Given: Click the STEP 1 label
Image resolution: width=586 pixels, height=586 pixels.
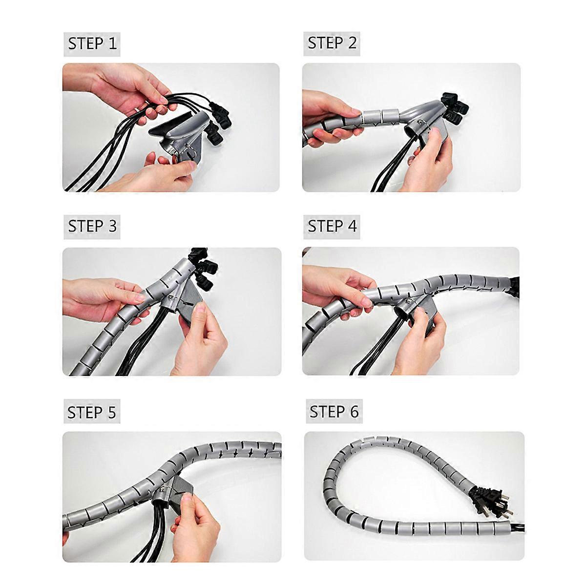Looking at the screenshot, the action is [92, 44].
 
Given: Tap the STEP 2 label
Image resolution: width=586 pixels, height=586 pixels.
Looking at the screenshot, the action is [332, 43].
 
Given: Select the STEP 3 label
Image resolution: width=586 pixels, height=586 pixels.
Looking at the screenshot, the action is [92, 227].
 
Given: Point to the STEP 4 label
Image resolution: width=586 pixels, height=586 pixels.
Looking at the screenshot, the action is [332, 227].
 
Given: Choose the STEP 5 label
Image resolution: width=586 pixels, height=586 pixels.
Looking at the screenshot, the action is [91, 413].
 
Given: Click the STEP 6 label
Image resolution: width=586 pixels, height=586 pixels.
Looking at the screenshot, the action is [334, 412].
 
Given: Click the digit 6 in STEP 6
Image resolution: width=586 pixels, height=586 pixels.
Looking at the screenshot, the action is [354, 412].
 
